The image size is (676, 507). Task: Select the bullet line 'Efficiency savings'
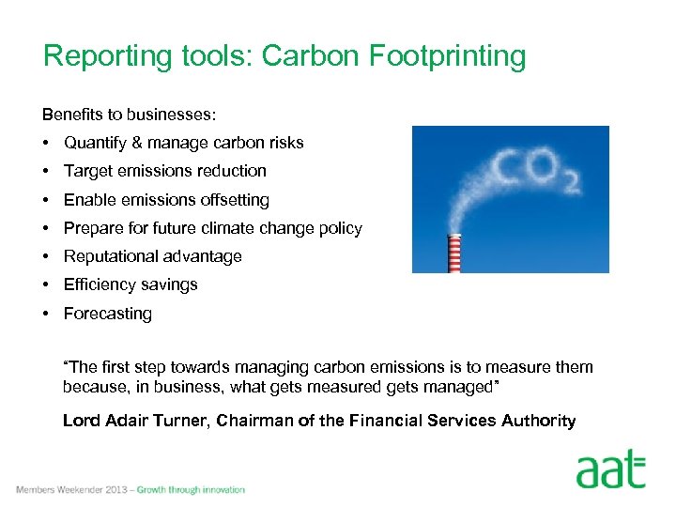pos(131,284)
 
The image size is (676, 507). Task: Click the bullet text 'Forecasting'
pos(107,314)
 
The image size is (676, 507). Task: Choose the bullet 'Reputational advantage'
pos(152,256)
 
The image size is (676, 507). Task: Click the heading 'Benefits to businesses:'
pos(130,115)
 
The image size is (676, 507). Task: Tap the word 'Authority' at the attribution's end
pos(540,421)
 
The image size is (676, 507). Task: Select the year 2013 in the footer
pos(117,490)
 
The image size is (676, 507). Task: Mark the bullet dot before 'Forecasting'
pos(46,314)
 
